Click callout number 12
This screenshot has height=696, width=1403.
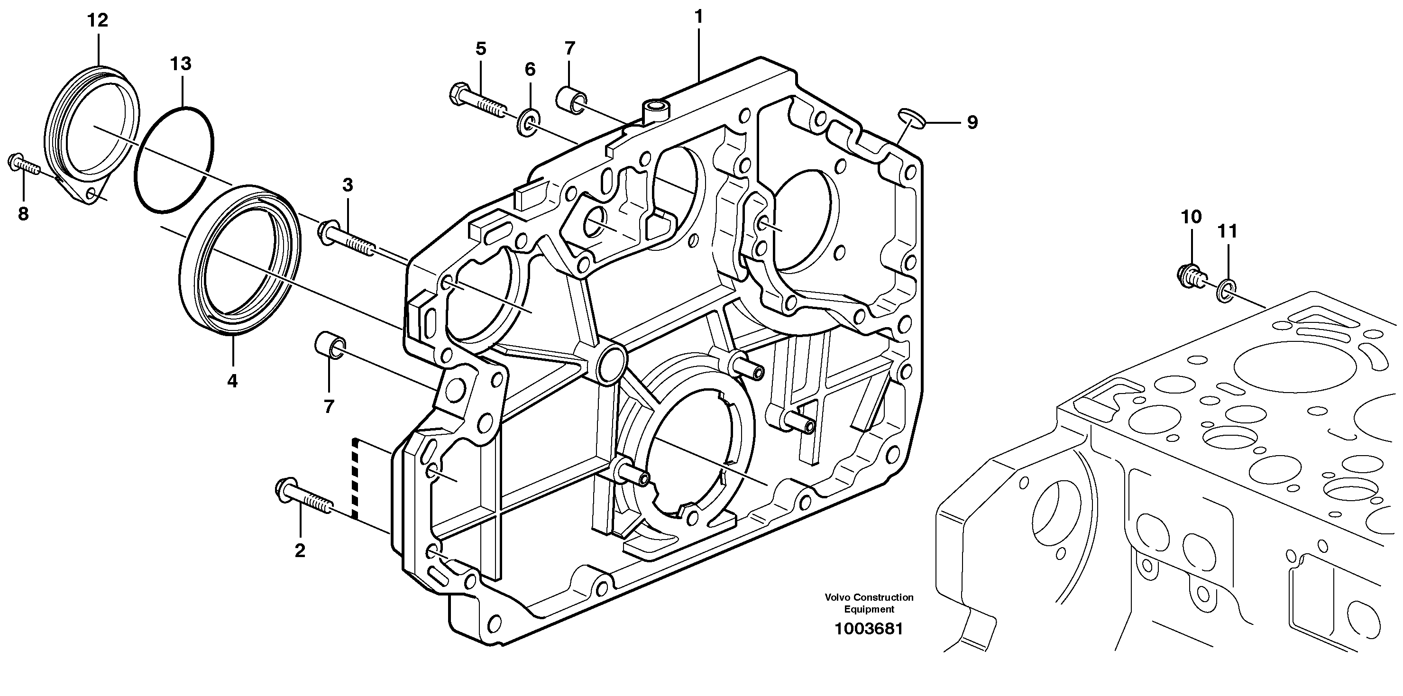(98, 21)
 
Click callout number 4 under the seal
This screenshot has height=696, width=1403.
(232, 381)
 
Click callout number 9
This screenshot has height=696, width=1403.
(972, 122)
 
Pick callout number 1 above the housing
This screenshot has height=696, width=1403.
(699, 18)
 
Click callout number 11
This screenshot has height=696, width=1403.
(1228, 231)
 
